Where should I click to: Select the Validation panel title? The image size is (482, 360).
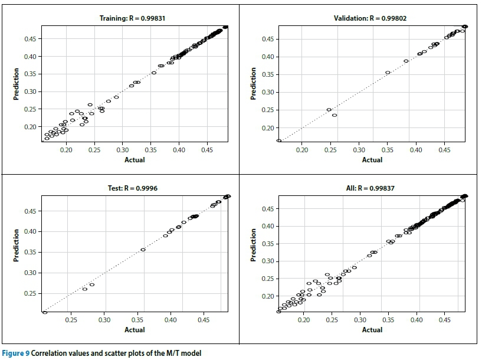tap(370, 18)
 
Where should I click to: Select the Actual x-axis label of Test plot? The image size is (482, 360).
tap(135, 330)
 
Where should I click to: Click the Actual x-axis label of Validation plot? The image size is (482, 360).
tap(372, 160)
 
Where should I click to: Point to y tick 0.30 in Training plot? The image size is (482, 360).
tap(29, 91)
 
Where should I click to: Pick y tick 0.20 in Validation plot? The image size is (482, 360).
tap(267, 128)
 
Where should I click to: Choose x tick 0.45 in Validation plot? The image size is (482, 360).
tap(444, 150)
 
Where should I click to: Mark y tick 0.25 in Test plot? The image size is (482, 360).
tap(29, 293)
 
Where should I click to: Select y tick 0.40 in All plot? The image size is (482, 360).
tap(267, 226)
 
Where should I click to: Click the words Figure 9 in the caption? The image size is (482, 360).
tap(15, 354)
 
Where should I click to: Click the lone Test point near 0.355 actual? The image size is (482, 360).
tap(143, 250)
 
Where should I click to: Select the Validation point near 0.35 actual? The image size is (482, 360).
tap(388, 73)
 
